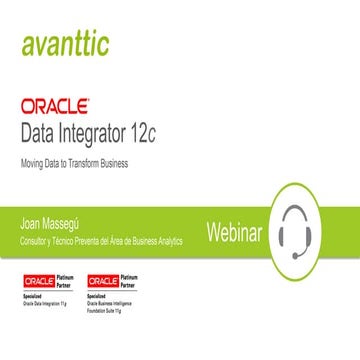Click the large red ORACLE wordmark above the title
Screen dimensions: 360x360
click(x=56, y=105)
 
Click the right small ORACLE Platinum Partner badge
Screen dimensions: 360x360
click(x=112, y=283)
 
